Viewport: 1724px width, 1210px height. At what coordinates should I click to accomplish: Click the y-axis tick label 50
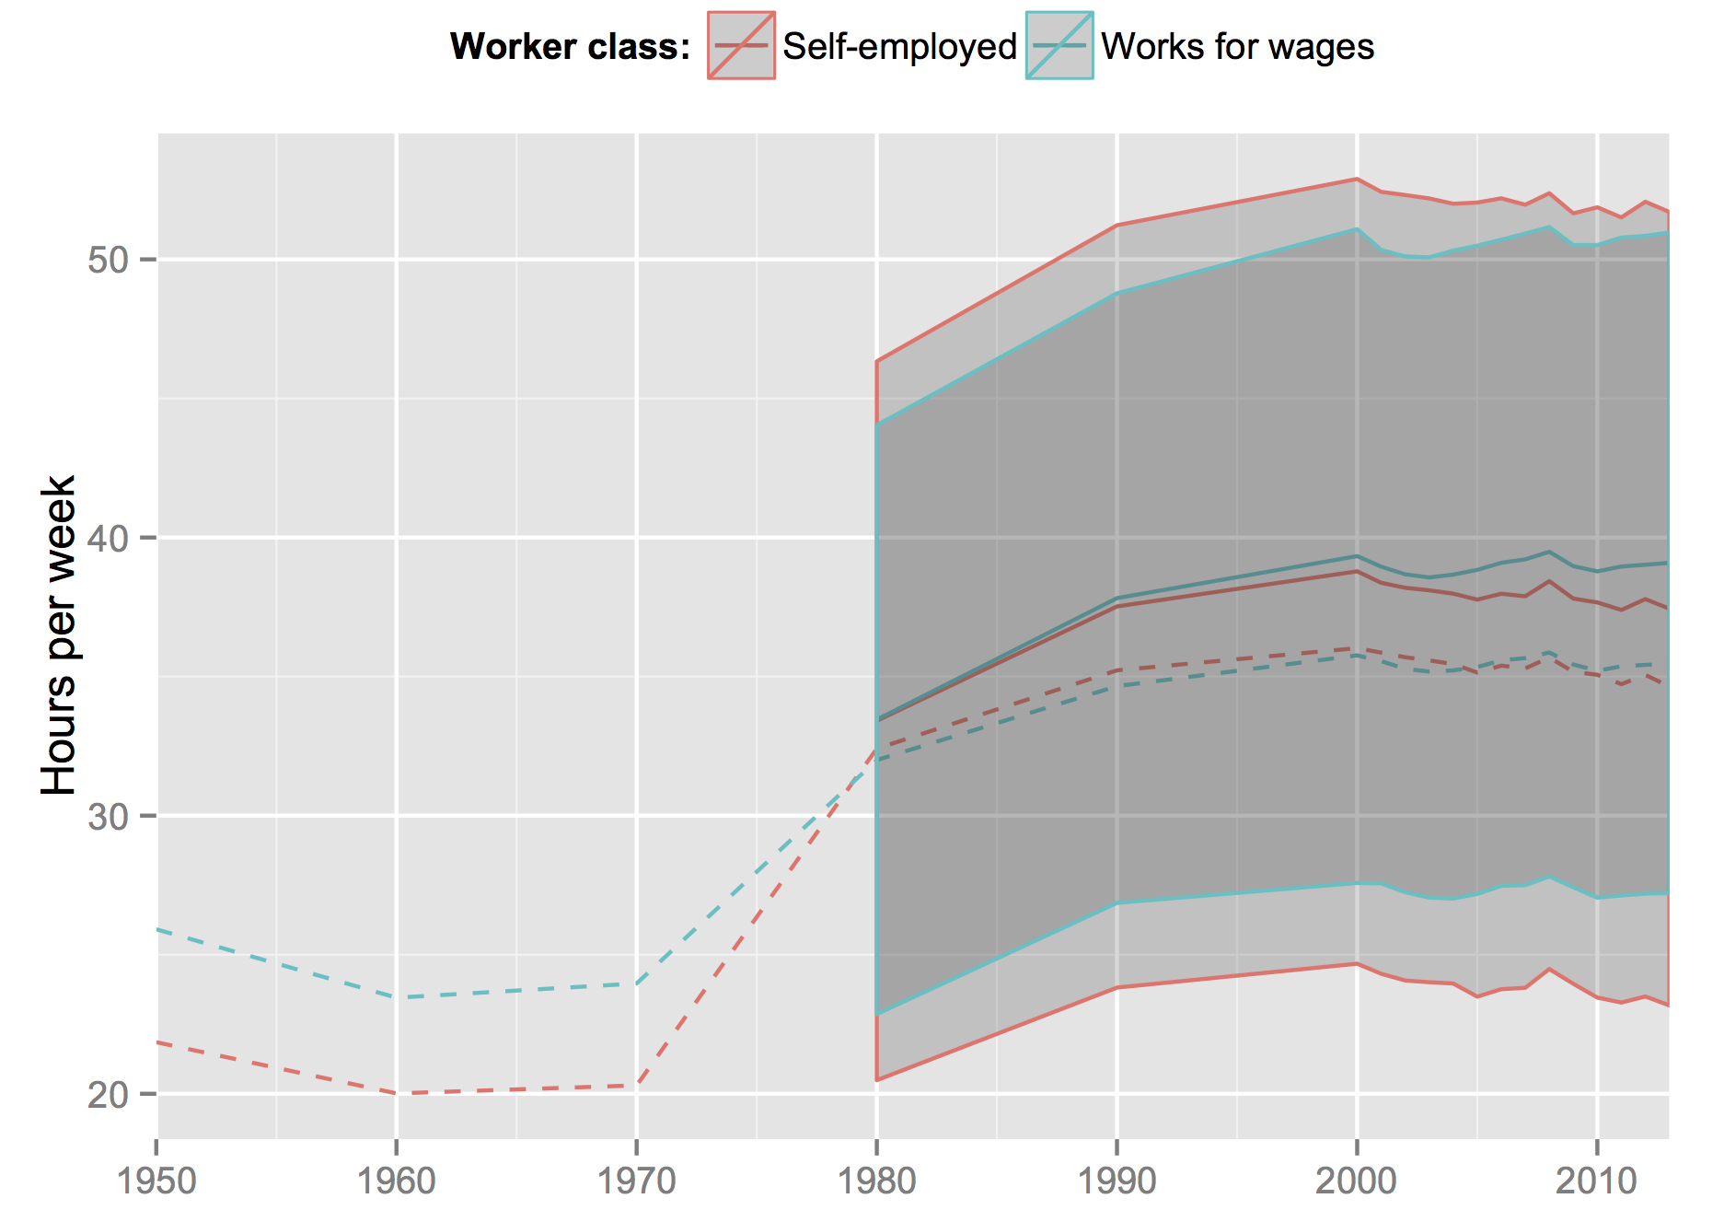pyautogui.click(x=108, y=261)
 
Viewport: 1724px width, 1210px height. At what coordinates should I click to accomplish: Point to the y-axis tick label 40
pyautogui.click(x=108, y=539)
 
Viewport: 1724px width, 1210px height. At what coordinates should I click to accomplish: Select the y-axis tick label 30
pyautogui.click(x=108, y=817)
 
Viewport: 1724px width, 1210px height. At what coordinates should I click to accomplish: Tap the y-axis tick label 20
pyautogui.click(x=108, y=1095)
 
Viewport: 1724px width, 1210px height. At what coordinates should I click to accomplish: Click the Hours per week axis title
pyautogui.click(x=59, y=635)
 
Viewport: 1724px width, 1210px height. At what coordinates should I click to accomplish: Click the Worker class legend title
pyautogui.click(x=570, y=47)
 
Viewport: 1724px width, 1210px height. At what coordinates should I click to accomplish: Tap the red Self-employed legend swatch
pyautogui.click(x=741, y=46)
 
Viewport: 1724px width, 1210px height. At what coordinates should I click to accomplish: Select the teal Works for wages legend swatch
pyautogui.click(x=1059, y=46)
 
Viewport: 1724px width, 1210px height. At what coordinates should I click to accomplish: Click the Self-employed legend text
pyautogui.click(x=899, y=47)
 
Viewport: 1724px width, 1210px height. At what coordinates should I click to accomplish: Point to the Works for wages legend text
pyautogui.click(x=1237, y=47)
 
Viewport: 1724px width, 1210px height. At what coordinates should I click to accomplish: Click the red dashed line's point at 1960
pyautogui.click(x=397, y=1093)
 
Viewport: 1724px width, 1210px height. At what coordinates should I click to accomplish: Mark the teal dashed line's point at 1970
pyautogui.click(x=637, y=983)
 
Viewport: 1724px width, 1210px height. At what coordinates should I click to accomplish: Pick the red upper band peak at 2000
pyautogui.click(x=1357, y=179)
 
